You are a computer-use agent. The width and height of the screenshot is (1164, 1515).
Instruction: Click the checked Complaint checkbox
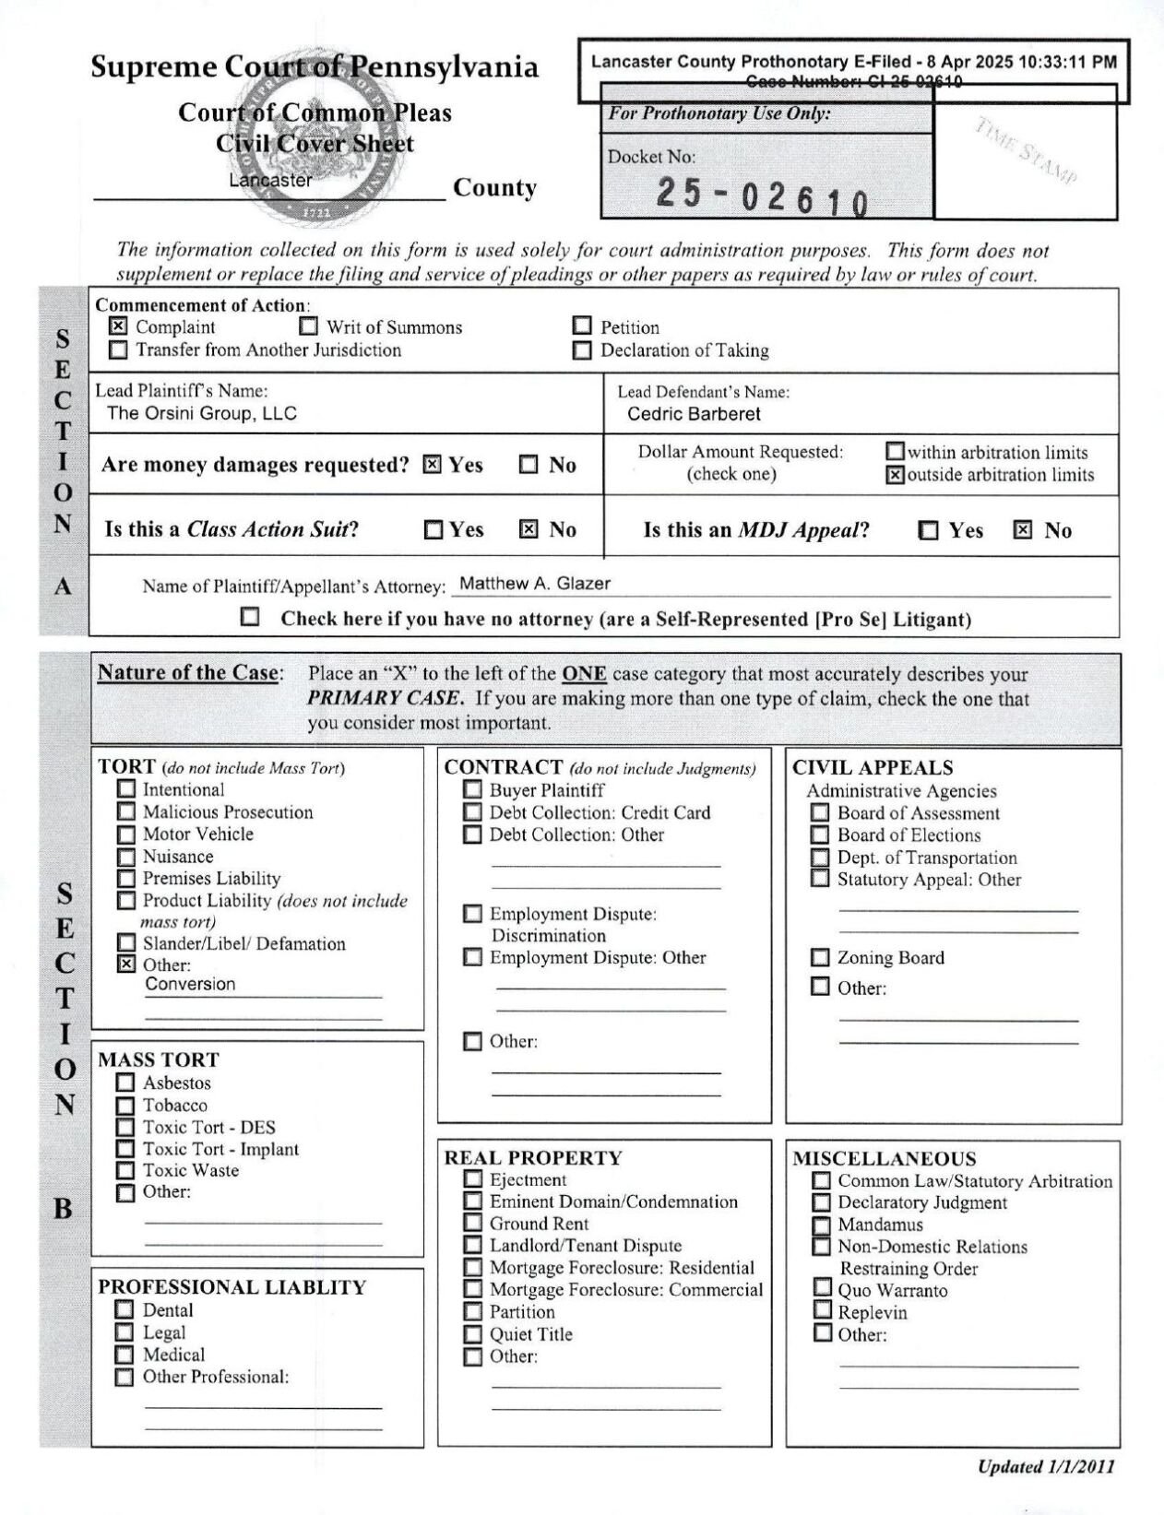click(118, 326)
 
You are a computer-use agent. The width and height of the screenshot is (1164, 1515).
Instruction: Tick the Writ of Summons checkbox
click(309, 326)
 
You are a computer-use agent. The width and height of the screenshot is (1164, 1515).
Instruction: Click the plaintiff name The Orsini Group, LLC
click(202, 413)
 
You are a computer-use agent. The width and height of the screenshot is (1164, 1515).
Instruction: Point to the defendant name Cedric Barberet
click(694, 414)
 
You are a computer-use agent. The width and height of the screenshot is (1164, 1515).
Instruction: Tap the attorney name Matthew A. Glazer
click(535, 584)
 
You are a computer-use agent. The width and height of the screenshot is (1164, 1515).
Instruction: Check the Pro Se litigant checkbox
click(249, 617)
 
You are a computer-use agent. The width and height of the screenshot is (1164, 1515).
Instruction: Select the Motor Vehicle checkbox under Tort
click(126, 834)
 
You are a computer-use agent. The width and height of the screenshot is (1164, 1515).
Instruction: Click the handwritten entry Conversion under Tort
click(190, 984)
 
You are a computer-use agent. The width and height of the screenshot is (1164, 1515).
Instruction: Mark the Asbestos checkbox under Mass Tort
click(126, 1083)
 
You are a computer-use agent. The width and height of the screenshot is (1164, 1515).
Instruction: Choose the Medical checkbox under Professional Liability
click(125, 1355)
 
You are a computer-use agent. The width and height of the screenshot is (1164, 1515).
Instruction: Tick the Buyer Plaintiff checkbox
click(472, 790)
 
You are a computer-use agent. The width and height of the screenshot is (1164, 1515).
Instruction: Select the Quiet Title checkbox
click(472, 1334)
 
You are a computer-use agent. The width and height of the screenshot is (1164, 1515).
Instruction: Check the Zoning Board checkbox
click(820, 957)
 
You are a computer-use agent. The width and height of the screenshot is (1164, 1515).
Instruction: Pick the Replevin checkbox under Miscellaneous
click(822, 1311)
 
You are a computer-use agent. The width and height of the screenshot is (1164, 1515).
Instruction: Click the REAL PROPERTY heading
click(533, 1158)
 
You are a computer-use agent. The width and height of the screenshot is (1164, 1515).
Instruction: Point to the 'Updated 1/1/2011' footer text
click(1045, 1467)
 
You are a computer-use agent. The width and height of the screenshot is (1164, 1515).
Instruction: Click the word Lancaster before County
click(270, 181)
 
